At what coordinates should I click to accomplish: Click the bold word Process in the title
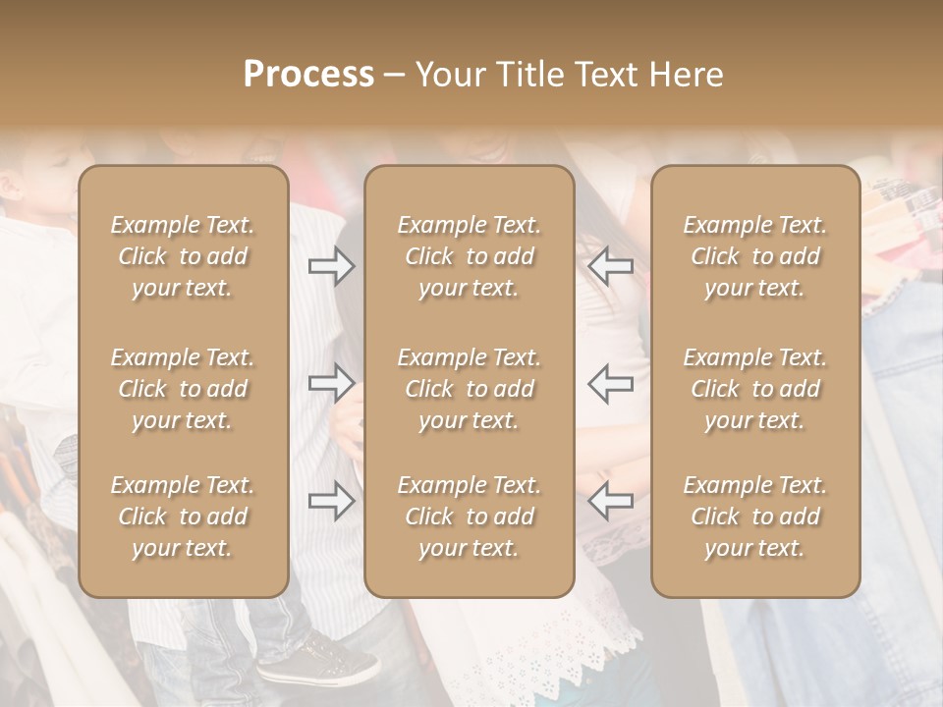point(308,75)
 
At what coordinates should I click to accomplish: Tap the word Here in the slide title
point(687,75)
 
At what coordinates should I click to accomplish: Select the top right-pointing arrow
point(332,266)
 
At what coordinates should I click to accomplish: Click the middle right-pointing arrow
point(332,382)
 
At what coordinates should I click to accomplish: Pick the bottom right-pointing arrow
point(332,501)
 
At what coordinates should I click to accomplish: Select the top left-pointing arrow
point(611,266)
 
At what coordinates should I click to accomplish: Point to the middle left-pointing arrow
point(611,382)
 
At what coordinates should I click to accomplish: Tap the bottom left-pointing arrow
point(611,501)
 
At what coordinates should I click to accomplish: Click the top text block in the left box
point(183,256)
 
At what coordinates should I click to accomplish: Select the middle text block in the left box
point(183,389)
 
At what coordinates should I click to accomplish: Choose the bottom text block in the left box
point(183,517)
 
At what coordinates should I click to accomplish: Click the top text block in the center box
point(470,256)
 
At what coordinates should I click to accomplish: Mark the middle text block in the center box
point(470,389)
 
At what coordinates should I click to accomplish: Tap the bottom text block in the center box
point(470,517)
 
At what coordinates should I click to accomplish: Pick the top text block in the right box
point(755,256)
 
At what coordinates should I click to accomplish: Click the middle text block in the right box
point(755,389)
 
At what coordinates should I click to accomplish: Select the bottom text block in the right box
point(755,517)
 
